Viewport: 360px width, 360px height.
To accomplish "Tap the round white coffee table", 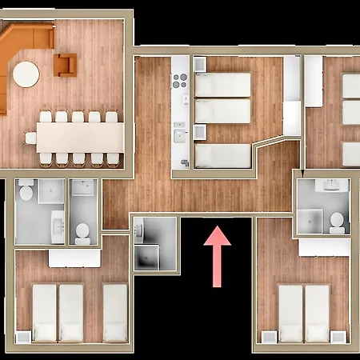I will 26,74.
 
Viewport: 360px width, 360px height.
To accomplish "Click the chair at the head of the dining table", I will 30,138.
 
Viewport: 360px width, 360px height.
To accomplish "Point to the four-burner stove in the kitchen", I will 180,80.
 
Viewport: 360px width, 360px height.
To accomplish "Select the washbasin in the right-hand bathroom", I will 330,187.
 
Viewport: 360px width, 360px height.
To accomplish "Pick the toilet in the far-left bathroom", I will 26,192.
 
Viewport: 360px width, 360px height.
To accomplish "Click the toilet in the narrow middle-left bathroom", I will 82,231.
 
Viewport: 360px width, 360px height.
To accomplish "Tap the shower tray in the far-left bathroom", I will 51,191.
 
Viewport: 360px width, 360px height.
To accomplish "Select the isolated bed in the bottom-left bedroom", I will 115,311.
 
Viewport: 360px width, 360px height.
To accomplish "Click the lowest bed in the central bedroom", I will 223,155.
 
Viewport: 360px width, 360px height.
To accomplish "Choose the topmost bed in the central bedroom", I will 223,84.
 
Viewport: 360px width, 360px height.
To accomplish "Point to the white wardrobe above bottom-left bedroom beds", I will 74,258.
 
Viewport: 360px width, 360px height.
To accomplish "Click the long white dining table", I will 80,138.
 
